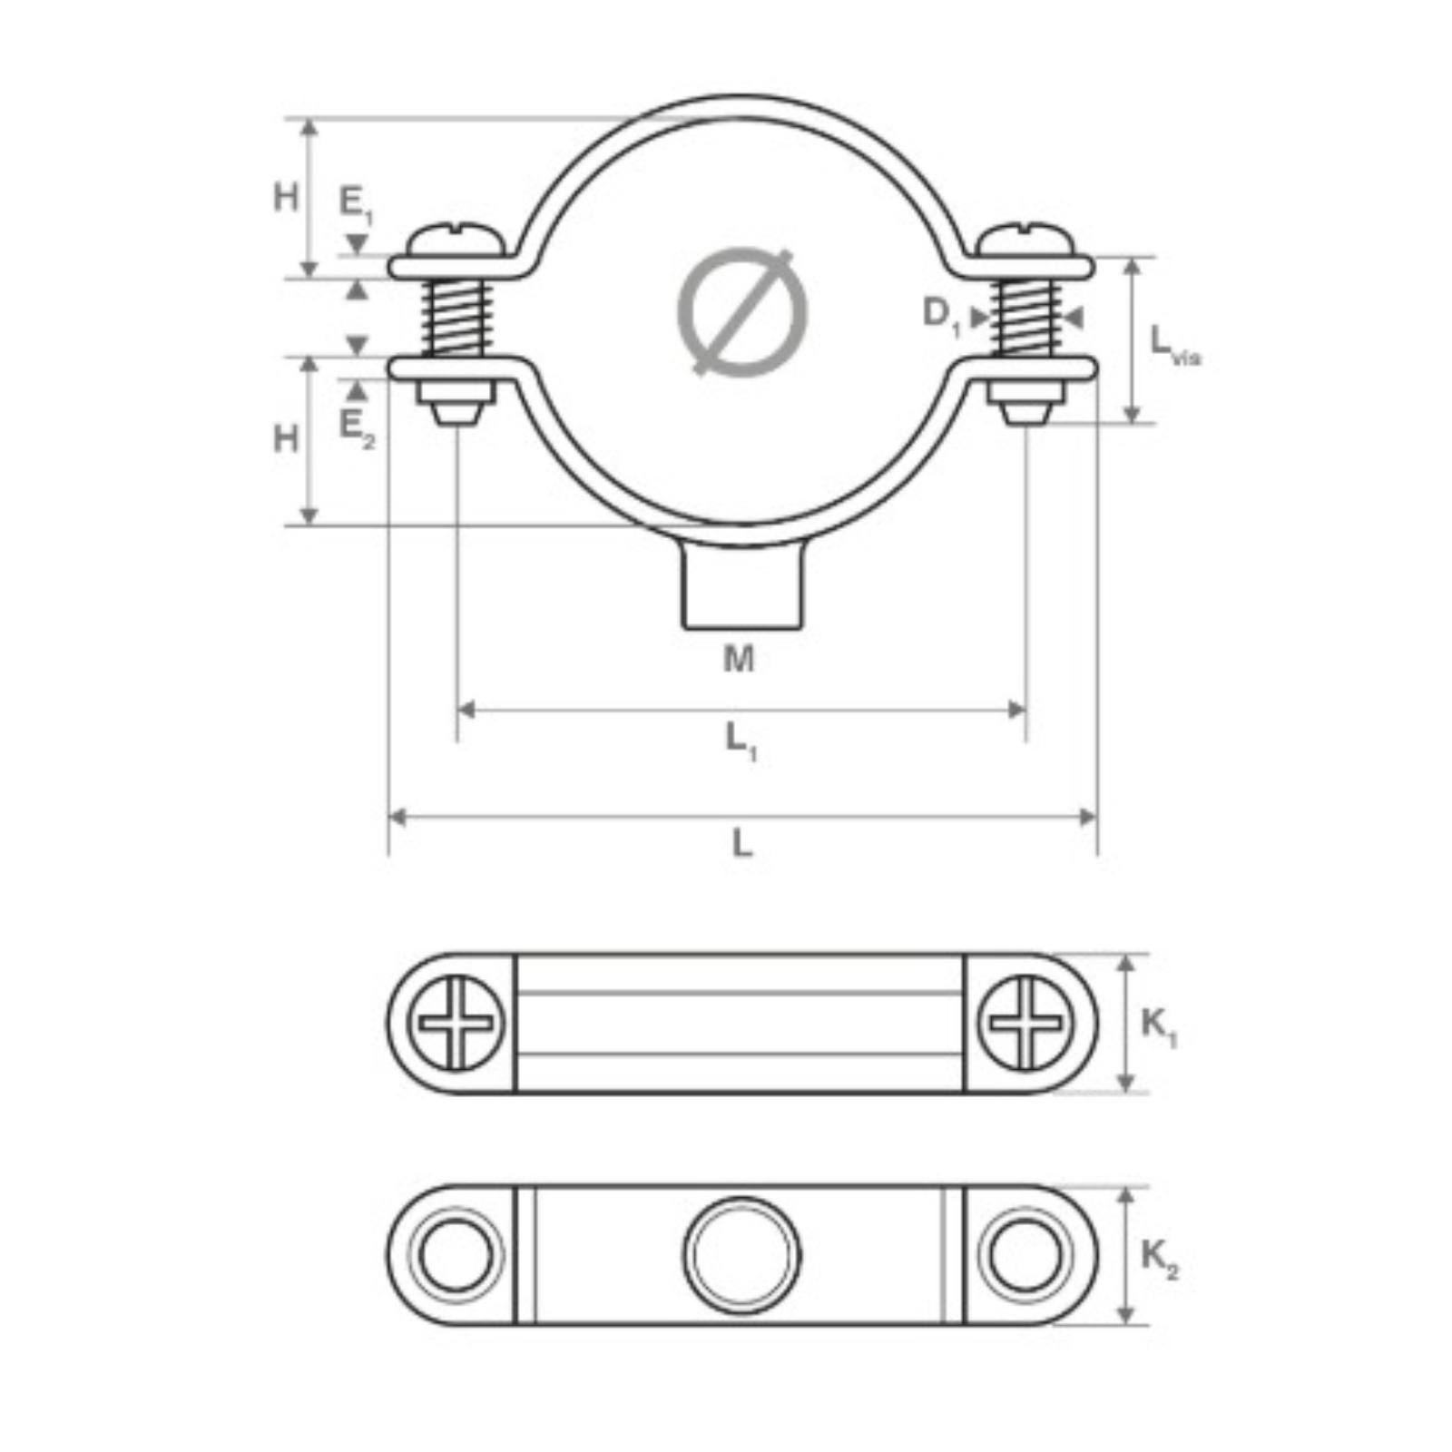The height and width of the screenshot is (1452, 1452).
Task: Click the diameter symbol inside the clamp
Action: (742, 311)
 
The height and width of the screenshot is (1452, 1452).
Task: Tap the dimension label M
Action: (739, 658)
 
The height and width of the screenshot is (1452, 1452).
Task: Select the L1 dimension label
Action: (741, 742)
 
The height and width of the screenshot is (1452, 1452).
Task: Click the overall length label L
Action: (742, 844)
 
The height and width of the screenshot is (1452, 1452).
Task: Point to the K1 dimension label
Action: (1159, 1027)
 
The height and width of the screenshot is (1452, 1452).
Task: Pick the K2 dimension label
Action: (1159, 1260)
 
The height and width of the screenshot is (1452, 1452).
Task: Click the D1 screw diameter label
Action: (941, 316)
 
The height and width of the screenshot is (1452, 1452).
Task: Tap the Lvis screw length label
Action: (1174, 346)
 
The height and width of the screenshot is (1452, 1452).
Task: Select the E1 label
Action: (356, 204)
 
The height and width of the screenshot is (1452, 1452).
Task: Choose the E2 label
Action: (356, 428)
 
